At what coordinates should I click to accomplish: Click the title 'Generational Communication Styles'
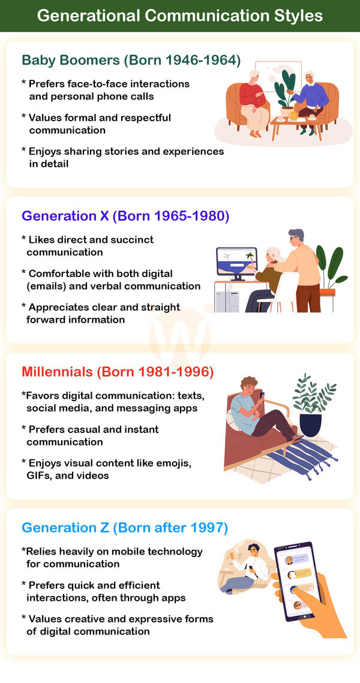coord(180,16)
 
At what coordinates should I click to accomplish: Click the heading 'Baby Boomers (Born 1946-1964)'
coord(131,60)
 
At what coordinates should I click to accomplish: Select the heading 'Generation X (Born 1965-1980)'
coord(125,216)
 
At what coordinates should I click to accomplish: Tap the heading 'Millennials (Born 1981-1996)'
coord(118,372)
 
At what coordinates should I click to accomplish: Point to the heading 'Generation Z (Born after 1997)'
coord(125,528)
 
